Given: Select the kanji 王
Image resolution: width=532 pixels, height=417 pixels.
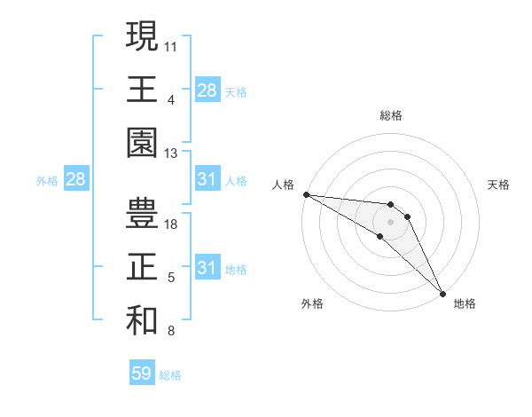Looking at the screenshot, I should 142,90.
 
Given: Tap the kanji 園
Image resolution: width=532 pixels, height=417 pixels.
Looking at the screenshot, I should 142,143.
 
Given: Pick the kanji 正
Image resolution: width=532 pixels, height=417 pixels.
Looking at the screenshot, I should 142,267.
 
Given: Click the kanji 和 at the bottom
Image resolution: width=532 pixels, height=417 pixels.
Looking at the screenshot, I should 142,320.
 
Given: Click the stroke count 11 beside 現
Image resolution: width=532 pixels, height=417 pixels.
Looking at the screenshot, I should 171,44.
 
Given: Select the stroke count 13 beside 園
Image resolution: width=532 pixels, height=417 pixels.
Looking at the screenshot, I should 171,153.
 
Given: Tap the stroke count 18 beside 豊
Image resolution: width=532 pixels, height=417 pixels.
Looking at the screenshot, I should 171,224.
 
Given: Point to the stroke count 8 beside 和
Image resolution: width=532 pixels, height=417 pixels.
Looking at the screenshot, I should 171,332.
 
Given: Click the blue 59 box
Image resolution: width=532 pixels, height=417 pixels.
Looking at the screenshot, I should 141,374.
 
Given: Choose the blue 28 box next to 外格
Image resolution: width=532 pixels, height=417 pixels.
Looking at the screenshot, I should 75,180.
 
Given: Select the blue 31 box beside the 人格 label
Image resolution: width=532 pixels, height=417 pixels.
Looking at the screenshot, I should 207,180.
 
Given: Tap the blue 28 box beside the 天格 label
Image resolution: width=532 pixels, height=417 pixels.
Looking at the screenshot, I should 207,90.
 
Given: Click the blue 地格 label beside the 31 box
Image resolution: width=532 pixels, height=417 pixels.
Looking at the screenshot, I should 237,270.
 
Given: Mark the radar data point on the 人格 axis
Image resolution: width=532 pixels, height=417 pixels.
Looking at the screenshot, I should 306,194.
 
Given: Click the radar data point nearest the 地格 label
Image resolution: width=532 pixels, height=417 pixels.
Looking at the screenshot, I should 442,292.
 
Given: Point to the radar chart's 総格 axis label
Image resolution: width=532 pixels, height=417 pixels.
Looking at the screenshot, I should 391,115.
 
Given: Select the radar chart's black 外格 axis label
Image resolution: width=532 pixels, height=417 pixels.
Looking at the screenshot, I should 312,303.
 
